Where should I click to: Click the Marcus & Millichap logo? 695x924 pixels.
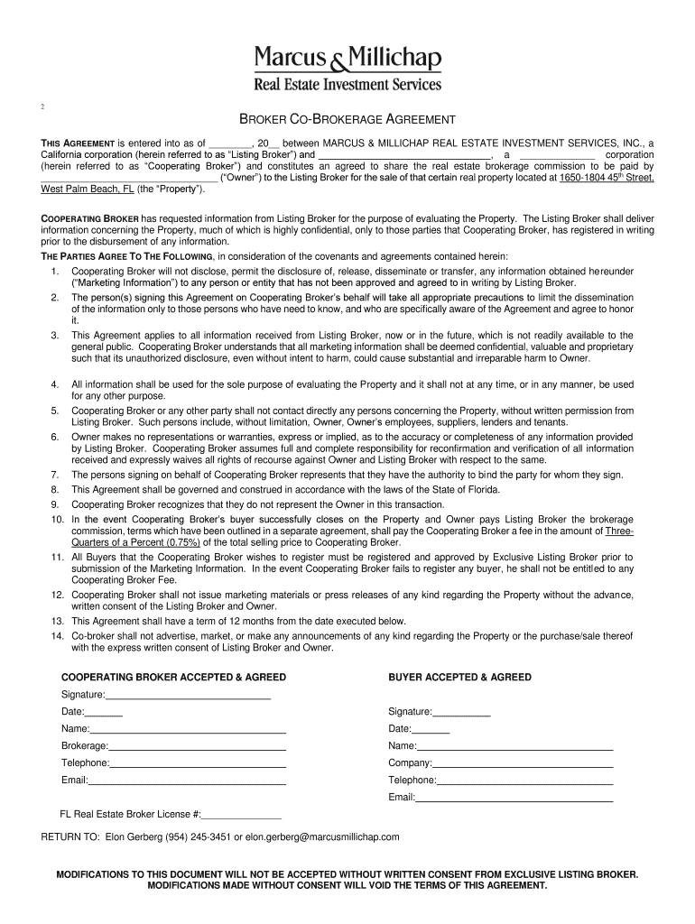(x=347, y=68)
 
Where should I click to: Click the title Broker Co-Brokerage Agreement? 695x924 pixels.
(x=347, y=120)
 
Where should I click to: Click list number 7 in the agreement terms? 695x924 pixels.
(x=55, y=474)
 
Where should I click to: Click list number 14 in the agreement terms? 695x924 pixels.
(x=56, y=635)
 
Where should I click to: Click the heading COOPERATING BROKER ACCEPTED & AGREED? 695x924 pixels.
(x=173, y=677)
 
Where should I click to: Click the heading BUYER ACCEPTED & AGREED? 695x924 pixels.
(x=459, y=677)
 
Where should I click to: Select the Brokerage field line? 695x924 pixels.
(x=197, y=746)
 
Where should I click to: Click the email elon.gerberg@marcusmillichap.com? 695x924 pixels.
(x=322, y=836)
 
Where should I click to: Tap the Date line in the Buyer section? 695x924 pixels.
(x=431, y=729)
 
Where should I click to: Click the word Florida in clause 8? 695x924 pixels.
(x=479, y=489)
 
